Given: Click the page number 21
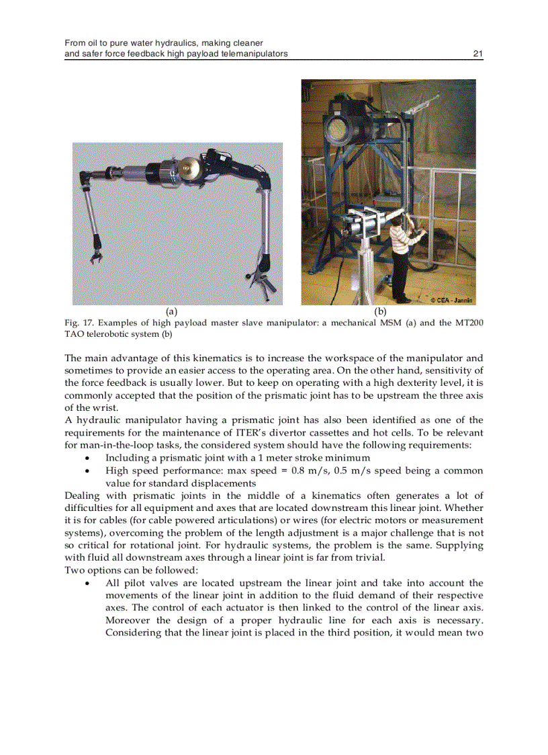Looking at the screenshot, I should pos(478,54).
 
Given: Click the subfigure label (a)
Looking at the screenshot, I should pos(171,311).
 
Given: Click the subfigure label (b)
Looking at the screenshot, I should pos(381,311).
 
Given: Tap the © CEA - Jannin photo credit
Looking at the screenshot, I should pos(451,300).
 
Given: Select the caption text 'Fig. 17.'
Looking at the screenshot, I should pos(79,323).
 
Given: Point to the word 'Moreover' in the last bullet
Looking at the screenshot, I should pos(127,621).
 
